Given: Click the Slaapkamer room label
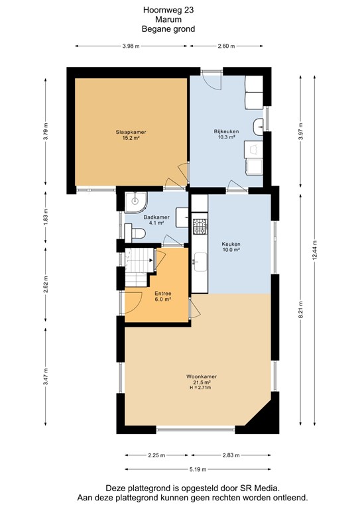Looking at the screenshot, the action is pyautogui.click(x=131, y=132).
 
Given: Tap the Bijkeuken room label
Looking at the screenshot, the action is pyautogui.click(x=226, y=131).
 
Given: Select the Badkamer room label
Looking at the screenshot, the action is pyautogui.click(x=156, y=217).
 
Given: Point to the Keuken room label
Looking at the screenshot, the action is pyautogui.click(x=231, y=244).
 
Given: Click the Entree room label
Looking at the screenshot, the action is pyautogui.click(x=163, y=294).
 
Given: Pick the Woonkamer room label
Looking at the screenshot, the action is pyautogui.click(x=202, y=376).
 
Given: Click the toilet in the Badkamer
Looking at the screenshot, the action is pyautogui.click(x=135, y=233).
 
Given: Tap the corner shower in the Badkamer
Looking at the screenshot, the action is pyautogui.click(x=136, y=203).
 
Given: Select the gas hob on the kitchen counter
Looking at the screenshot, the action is pyautogui.click(x=200, y=227).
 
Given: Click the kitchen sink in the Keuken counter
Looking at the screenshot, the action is pyautogui.click(x=200, y=262).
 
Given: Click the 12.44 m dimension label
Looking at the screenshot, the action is pyautogui.click(x=314, y=251).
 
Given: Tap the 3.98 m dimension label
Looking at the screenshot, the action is pyautogui.click(x=131, y=46).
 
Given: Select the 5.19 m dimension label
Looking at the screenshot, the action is pyautogui.click(x=198, y=469).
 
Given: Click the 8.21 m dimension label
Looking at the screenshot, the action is pyautogui.click(x=300, y=309).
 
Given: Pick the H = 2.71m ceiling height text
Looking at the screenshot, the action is pyautogui.click(x=200, y=388).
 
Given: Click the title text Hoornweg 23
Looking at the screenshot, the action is pyautogui.click(x=168, y=10).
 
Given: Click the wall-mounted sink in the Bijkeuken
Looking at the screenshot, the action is pyautogui.click(x=258, y=127).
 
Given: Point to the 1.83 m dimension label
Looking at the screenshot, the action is pyautogui.click(x=46, y=217).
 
